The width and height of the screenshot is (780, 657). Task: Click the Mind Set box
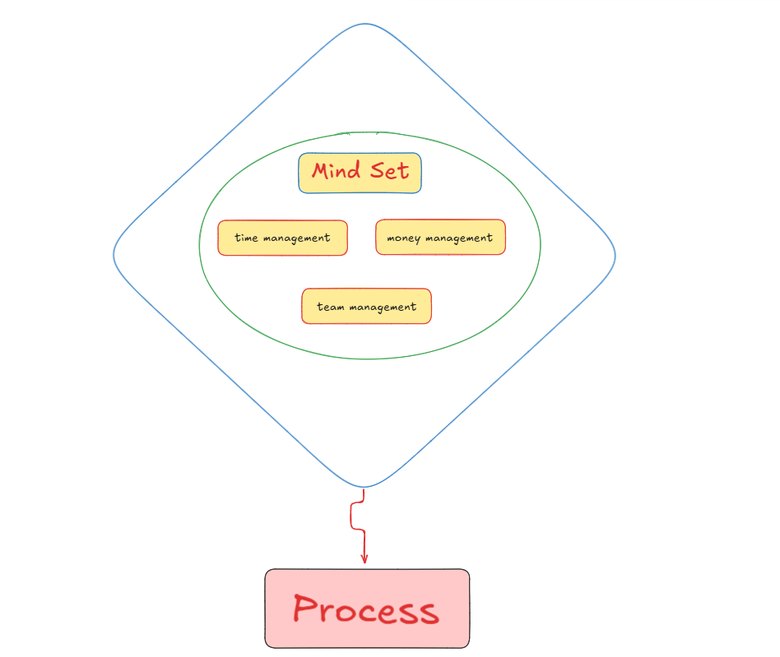[x=360, y=173]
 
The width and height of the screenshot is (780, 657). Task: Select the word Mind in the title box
[x=336, y=170]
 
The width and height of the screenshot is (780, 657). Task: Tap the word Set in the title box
[x=389, y=171]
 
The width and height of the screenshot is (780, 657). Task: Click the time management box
[x=282, y=238]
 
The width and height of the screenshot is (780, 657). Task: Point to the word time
[x=246, y=238]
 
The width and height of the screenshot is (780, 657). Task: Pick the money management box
[x=440, y=237]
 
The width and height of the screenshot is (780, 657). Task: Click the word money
[x=403, y=238]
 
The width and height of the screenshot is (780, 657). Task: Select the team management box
[x=367, y=306]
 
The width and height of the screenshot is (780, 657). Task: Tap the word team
[x=330, y=307]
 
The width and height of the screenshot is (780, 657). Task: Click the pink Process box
[x=367, y=608]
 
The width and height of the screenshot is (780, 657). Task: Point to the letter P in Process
[x=305, y=608]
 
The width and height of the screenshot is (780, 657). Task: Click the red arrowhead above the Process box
[x=364, y=558]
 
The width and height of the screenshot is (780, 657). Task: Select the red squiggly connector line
[x=358, y=521]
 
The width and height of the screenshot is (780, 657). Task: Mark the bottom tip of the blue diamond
[x=364, y=487]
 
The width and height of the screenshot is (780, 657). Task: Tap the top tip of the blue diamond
[x=365, y=24]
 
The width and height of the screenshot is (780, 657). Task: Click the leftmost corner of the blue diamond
[x=114, y=255]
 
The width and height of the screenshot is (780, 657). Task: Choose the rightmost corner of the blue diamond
[x=615, y=256]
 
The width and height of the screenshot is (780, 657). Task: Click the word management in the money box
[x=458, y=238]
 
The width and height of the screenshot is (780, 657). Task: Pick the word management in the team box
[x=383, y=308]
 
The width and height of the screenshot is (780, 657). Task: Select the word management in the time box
[x=296, y=239]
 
